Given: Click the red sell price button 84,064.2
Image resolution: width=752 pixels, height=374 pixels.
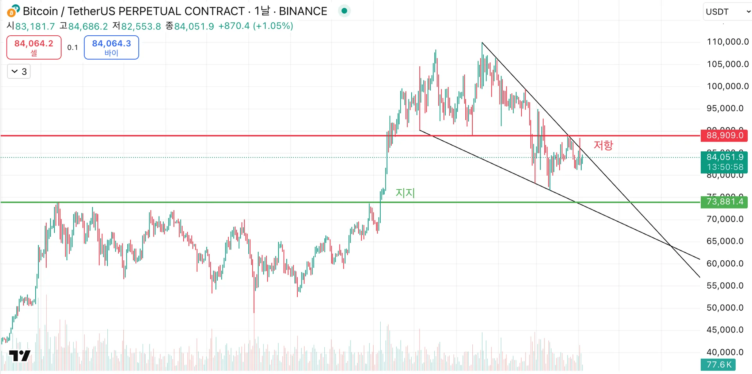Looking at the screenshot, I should click(x=34, y=47).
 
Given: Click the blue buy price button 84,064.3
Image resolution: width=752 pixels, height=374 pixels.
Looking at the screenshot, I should click(x=111, y=47).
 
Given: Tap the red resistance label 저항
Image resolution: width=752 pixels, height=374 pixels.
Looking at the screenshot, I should click(x=603, y=145).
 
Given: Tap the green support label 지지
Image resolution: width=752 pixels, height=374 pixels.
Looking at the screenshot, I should click(x=405, y=193).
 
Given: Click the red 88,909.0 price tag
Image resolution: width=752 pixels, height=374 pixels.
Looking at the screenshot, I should click(x=724, y=136).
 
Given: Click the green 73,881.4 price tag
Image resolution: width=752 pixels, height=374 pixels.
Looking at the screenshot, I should click(x=724, y=202).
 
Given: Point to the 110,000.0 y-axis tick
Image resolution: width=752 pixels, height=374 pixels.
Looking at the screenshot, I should click(x=727, y=42).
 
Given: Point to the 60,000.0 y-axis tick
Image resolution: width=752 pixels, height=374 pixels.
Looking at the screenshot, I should click(x=725, y=263).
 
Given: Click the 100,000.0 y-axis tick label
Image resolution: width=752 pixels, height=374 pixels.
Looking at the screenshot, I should click(x=727, y=86).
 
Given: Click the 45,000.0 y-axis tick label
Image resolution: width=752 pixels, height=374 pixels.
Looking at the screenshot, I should click(x=725, y=330).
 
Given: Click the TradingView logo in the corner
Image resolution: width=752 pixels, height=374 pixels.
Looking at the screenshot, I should click(x=20, y=356).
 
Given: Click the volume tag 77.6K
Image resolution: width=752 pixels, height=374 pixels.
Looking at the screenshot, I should click(x=718, y=365).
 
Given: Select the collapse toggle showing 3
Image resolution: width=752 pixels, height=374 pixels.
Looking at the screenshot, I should click(x=19, y=72).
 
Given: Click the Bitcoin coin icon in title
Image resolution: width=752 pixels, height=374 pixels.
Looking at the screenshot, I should click(x=13, y=11).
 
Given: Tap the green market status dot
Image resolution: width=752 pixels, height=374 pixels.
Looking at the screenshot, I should click(x=344, y=11).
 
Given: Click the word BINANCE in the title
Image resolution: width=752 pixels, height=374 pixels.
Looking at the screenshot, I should click(x=303, y=11).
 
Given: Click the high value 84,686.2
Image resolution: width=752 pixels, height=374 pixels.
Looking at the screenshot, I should click(x=88, y=26).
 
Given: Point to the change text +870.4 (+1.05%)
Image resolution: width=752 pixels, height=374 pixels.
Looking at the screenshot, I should click(x=255, y=26).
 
